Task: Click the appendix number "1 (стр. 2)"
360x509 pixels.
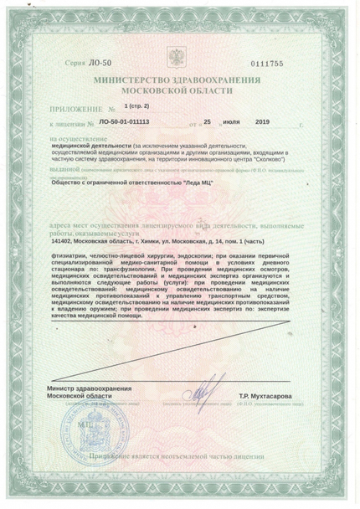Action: (x=140, y=107)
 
